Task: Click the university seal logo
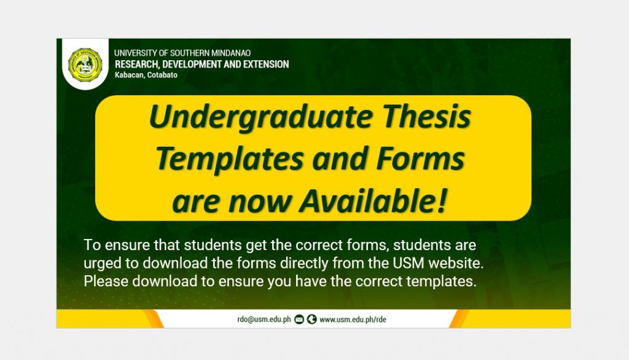click(x=85, y=65)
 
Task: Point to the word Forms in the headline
click(x=420, y=158)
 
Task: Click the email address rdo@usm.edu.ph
click(x=264, y=319)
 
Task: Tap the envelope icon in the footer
click(x=299, y=319)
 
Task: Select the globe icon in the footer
click(x=311, y=319)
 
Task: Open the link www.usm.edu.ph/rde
click(x=353, y=319)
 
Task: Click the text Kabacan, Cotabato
click(x=146, y=75)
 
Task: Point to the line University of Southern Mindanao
click(x=182, y=53)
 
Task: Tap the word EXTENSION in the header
click(x=266, y=65)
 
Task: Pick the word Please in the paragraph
click(x=106, y=281)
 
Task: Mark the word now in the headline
click(x=260, y=202)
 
